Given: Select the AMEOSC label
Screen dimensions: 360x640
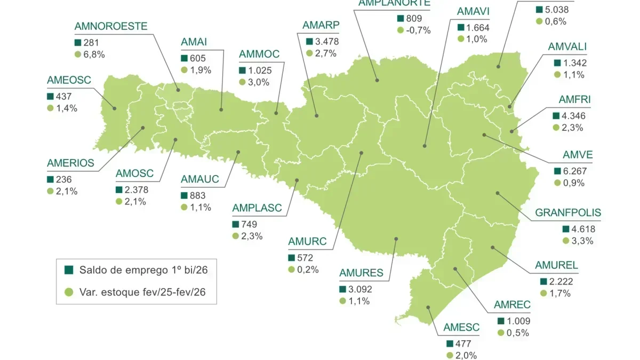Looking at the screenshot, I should click(69, 80).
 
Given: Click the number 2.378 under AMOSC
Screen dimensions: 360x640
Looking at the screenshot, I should click(137, 190).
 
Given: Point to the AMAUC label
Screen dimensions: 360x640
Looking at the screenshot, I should click(200, 179).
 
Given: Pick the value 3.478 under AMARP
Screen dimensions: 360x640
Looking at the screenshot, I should click(327, 41).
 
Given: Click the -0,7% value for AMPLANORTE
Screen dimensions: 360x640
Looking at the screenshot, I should click(418, 30).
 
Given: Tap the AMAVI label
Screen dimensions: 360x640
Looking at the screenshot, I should click(473, 11).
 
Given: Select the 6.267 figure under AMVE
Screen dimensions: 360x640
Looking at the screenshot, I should click(574, 172).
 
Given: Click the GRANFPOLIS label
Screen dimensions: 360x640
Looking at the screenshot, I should click(568, 213).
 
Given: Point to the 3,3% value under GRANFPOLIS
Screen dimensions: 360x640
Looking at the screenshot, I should click(582, 241).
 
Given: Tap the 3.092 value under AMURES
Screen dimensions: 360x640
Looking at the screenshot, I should click(361, 290).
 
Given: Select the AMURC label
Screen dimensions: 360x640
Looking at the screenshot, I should click(307, 242).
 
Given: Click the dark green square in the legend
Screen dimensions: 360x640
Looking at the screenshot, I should click(69, 270).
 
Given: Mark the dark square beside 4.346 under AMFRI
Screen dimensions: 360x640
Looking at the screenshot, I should click(557, 116).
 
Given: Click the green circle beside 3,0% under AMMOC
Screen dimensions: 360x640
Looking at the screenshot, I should click(242, 82).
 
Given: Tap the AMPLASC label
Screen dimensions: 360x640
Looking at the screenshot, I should click(257, 208).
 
